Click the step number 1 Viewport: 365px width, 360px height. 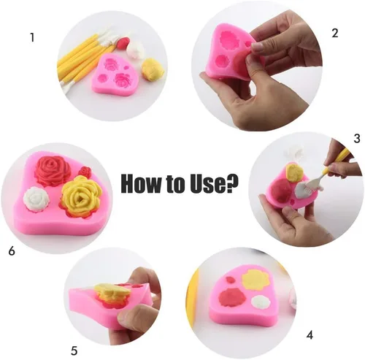click(x=32, y=38)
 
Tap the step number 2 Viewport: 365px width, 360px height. click(x=335, y=33)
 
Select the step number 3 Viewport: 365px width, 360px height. click(x=356, y=138)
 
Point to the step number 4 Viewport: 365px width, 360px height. click(x=310, y=335)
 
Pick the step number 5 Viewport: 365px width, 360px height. click(x=74, y=351)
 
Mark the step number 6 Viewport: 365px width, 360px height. click(x=12, y=250)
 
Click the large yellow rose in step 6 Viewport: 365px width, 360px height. click(x=81, y=196)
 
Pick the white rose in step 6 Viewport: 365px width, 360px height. click(x=36, y=199)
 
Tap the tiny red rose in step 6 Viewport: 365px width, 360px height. click(x=85, y=172)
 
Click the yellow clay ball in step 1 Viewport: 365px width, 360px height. click(x=153, y=69)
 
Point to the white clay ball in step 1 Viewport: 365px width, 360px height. click(x=135, y=50)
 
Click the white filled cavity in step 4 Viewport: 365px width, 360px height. click(x=261, y=302)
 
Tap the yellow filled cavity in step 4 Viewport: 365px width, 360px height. click(x=255, y=280)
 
